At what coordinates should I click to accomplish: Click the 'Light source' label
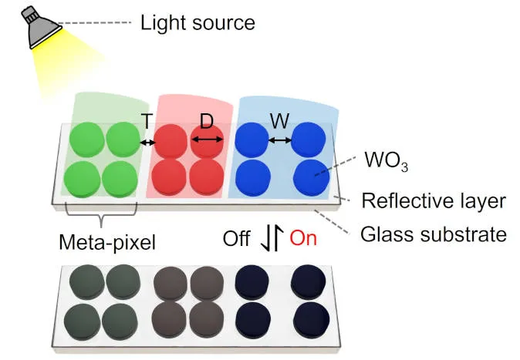197,22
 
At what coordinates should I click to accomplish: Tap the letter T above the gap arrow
147,121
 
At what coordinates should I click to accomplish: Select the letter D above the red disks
207,121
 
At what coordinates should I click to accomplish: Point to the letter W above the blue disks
279,121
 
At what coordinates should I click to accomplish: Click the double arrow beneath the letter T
147,142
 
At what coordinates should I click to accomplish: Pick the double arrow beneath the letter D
207,140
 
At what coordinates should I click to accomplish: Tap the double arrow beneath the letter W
279,140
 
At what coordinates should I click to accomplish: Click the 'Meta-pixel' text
107,242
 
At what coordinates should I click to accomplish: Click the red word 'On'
303,238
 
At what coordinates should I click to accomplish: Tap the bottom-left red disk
170,175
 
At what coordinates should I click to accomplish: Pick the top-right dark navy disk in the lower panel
307,281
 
